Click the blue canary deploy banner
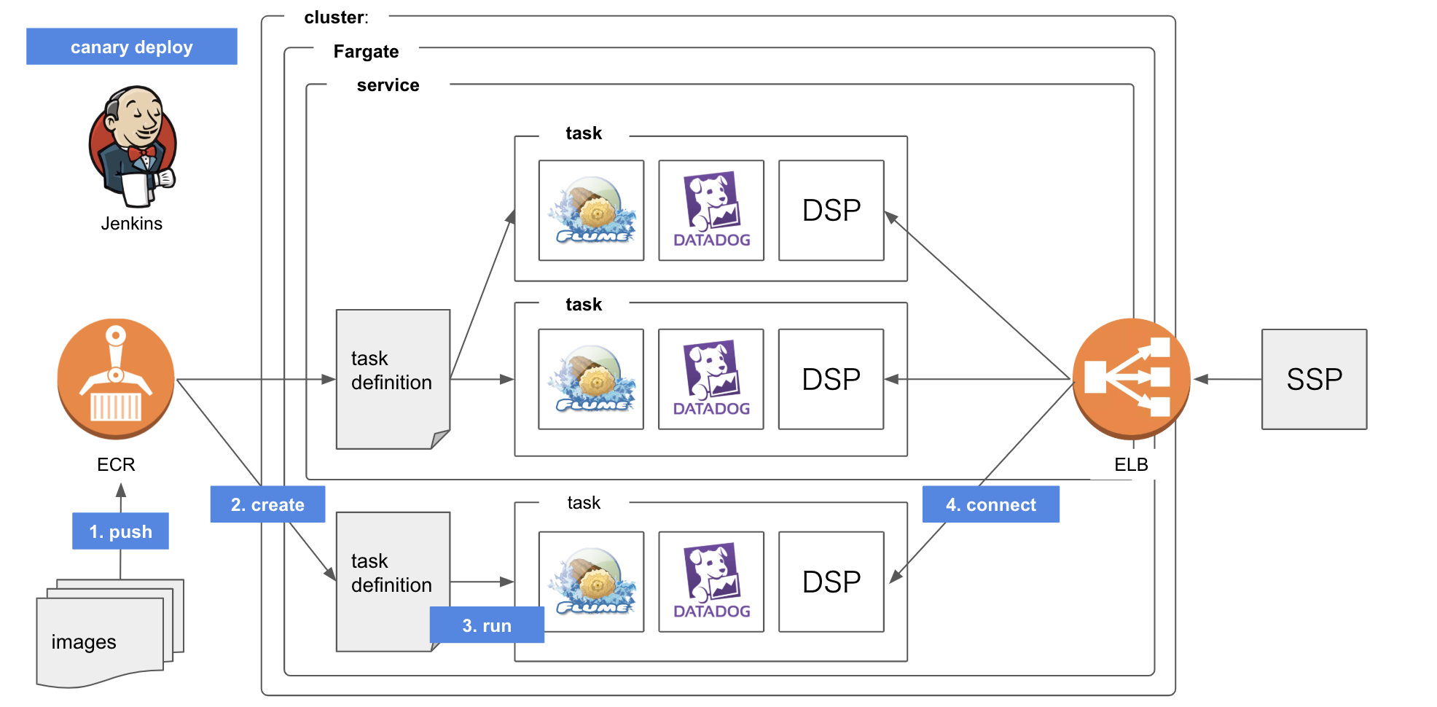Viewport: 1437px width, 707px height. point(131,47)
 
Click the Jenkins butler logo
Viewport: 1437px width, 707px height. point(132,147)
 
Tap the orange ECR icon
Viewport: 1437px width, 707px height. point(116,378)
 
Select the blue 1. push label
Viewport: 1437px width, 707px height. point(120,531)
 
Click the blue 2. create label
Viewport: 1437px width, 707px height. point(267,504)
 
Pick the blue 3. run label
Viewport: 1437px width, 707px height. point(487,625)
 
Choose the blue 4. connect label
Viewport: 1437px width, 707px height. point(990,504)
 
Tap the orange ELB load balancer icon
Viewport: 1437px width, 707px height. point(1131,378)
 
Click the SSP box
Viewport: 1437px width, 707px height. point(1314,379)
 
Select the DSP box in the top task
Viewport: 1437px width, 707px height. point(831,211)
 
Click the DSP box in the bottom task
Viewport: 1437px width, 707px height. point(831,582)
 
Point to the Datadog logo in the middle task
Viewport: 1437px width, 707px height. point(711,379)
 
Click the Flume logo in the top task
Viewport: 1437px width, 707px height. point(592,211)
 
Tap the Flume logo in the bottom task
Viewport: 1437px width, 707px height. point(592,582)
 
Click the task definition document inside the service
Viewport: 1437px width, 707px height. point(393,378)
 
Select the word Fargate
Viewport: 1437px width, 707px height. point(366,52)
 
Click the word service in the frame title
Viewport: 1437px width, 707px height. point(388,85)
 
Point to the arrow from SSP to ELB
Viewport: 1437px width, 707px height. point(1228,379)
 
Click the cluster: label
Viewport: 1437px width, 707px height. point(336,17)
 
